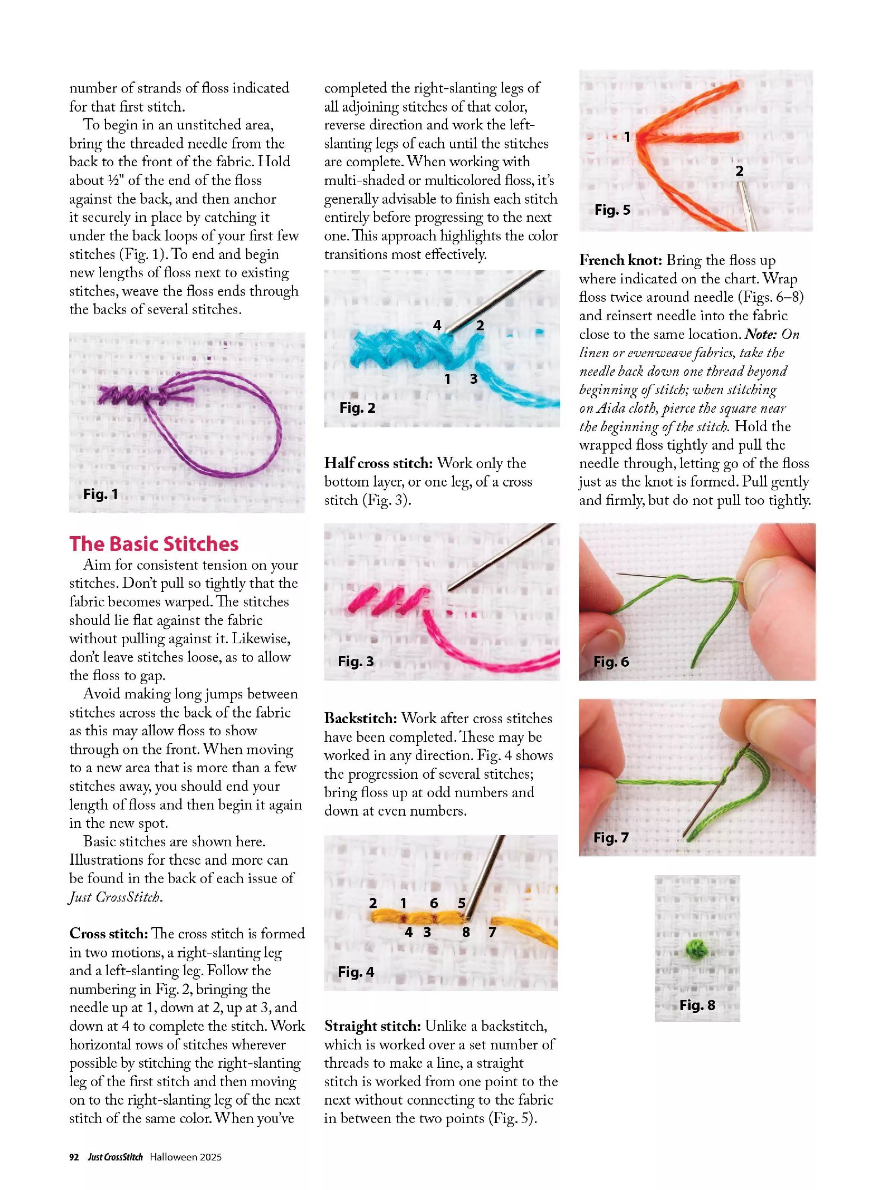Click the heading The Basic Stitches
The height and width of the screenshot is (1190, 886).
coord(154,544)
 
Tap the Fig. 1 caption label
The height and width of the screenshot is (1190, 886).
coord(100,494)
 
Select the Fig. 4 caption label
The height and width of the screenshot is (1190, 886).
coord(356,972)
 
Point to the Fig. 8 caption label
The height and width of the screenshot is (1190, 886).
coord(697,1005)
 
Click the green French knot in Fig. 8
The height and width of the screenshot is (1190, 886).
coord(696,948)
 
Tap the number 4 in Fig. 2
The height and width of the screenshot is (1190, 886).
coord(437,325)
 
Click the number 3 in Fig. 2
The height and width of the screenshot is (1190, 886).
coord(473,379)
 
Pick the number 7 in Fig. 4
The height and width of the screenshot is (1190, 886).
coord(492,932)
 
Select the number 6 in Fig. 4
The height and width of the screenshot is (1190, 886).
coord(434,903)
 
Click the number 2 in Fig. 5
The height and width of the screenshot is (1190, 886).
coord(739,171)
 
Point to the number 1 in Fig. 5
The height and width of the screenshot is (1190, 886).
coord(627,137)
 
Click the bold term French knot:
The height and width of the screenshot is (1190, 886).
coord(620,261)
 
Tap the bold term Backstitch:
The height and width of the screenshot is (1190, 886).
coord(360,718)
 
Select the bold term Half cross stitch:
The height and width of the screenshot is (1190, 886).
coord(378,463)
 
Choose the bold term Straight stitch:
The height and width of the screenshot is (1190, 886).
coord(372,1026)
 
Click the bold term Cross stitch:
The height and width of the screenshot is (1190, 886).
coord(108,933)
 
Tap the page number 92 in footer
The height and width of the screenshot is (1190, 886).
coord(74,1157)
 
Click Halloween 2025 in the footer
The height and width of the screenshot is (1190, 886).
coord(185,1157)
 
